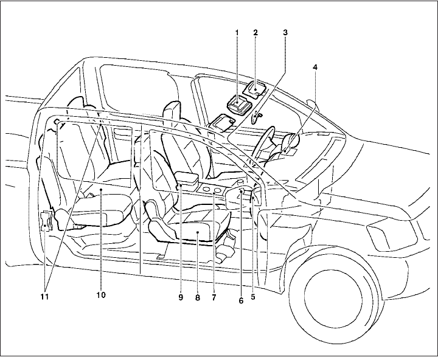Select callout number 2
[x=255, y=30]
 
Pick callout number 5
[x=252, y=298]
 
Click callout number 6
[x=241, y=300]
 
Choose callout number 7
[x=214, y=298]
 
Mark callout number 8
[x=198, y=299]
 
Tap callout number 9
[x=181, y=298]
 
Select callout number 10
[x=101, y=296]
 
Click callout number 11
[x=45, y=297]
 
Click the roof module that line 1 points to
[x=238, y=105]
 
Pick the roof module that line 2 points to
[x=257, y=89]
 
